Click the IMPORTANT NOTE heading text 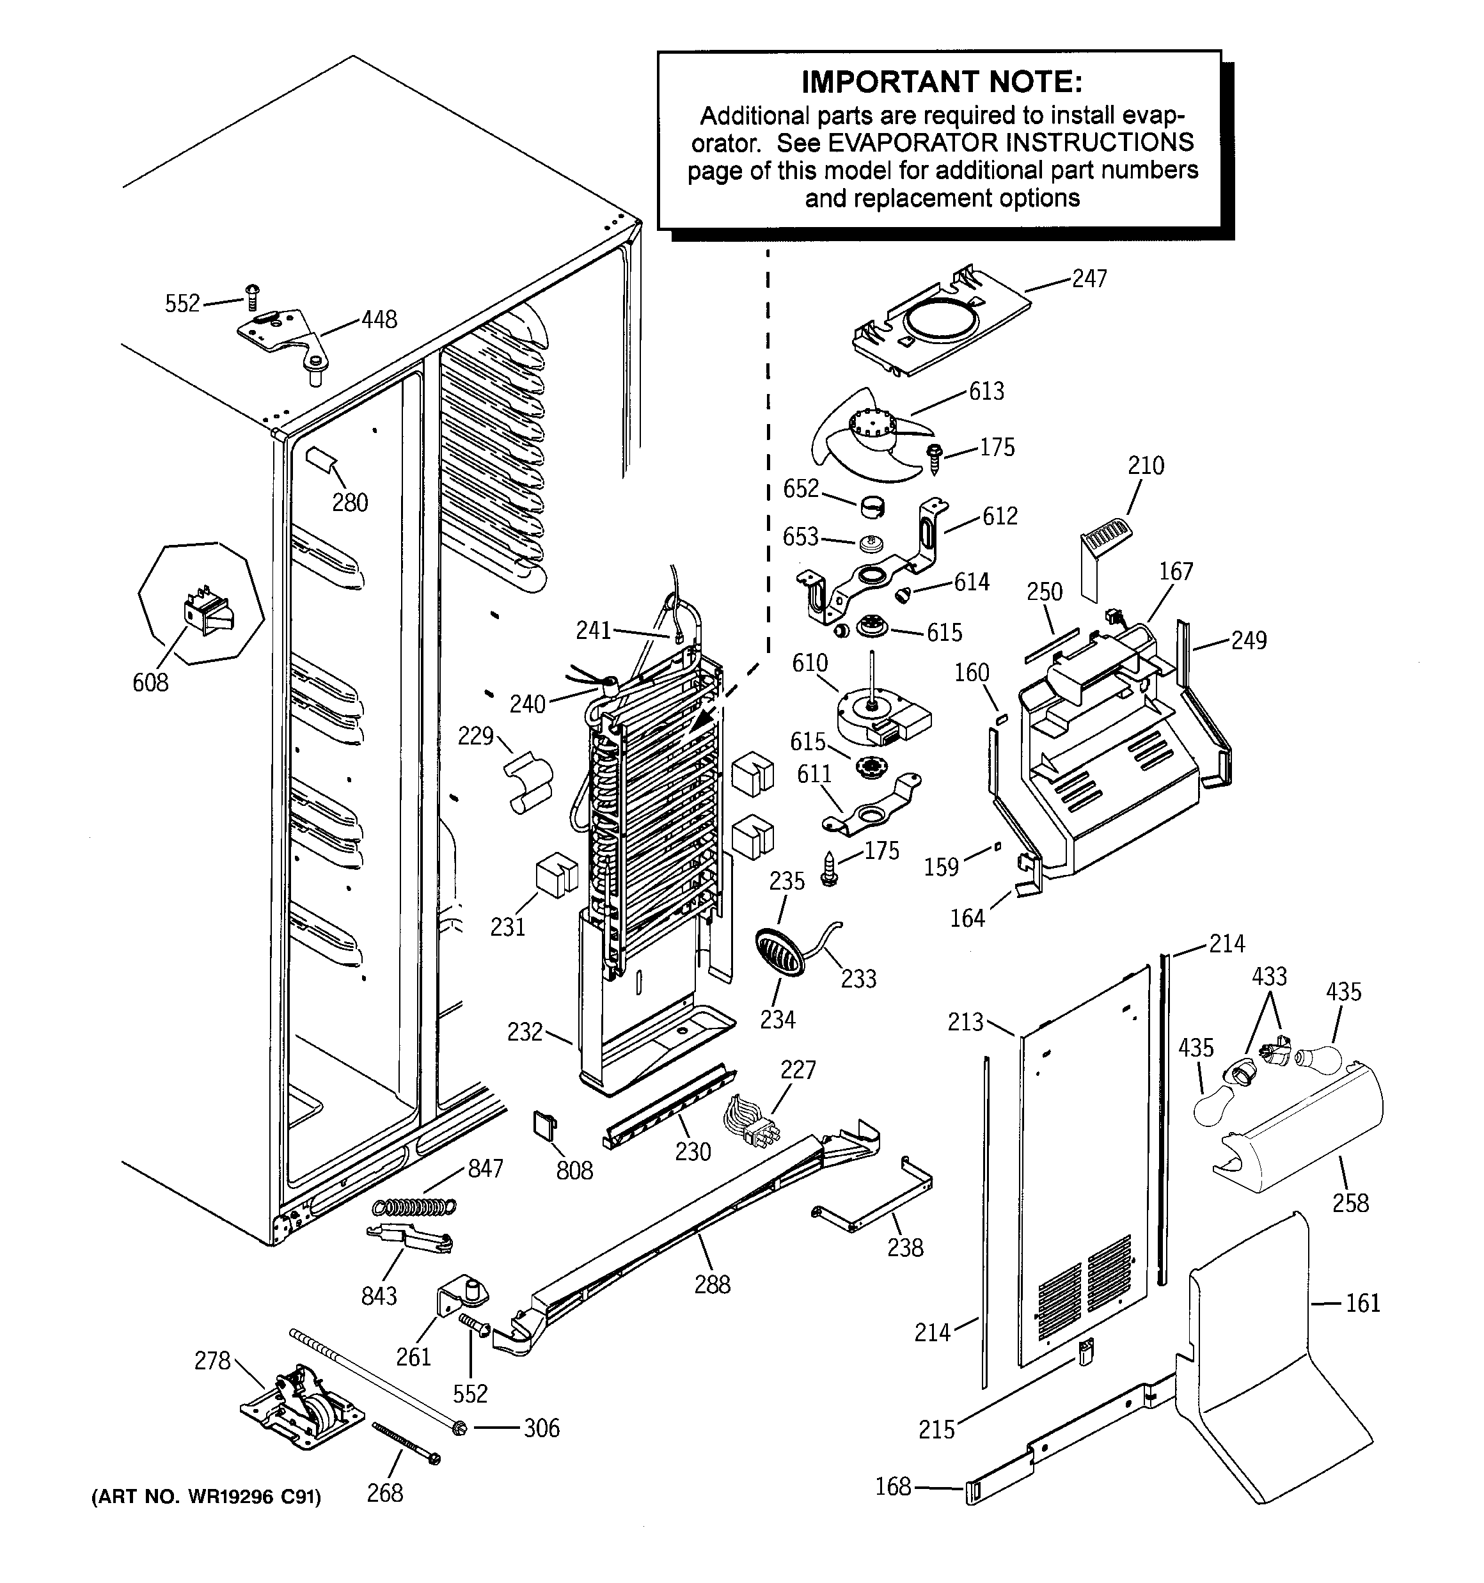tap(941, 81)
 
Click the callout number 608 tap(150, 682)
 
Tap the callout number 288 tap(711, 1284)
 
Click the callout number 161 tap(1362, 1303)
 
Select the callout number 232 tap(525, 1032)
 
